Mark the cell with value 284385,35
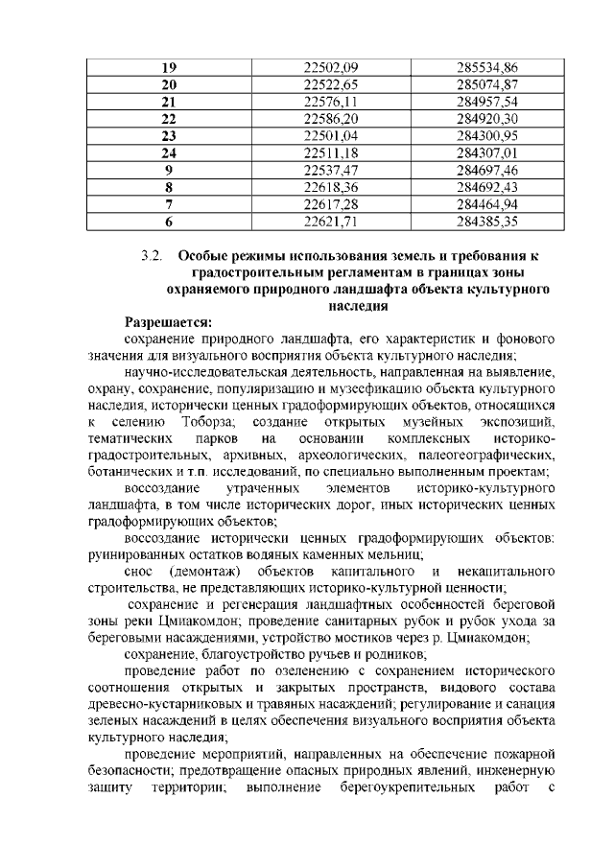pos(487,222)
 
